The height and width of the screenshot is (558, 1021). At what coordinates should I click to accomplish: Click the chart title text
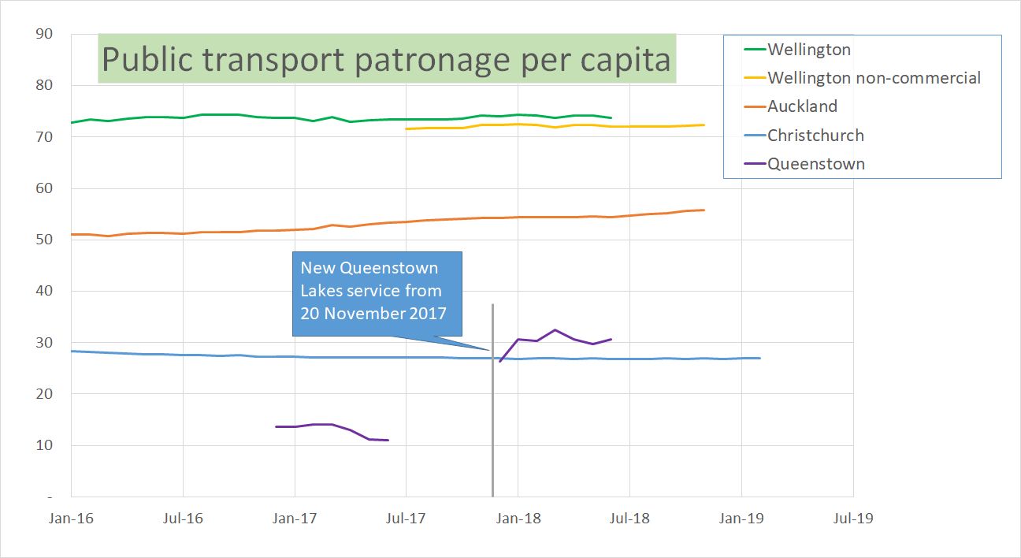click(386, 59)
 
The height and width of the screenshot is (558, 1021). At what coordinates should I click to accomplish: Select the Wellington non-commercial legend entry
click(874, 78)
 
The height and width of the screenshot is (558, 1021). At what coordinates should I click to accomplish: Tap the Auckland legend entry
click(802, 106)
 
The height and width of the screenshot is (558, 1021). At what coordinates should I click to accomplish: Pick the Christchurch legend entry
click(815, 136)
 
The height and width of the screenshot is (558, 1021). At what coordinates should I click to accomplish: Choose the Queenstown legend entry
click(816, 164)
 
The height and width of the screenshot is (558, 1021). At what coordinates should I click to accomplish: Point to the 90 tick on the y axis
click(44, 34)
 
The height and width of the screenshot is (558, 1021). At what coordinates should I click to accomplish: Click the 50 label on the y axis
click(44, 240)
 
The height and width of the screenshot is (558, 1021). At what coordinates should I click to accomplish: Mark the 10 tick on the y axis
click(44, 445)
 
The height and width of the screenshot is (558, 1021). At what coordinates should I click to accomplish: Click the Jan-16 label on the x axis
click(71, 519)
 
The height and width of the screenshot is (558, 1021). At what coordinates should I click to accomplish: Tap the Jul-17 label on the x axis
click(407, 519)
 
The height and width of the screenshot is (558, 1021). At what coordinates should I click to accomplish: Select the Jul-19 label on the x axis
click(853, 519)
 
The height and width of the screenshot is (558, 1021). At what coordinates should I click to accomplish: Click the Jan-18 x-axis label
click(518, 519)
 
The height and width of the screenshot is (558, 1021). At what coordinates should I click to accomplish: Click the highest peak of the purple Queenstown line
click(555, 330)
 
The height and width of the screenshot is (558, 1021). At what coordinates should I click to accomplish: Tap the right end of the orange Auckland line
click(704, 210)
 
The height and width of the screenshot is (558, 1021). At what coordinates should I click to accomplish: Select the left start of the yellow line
click(407, 128)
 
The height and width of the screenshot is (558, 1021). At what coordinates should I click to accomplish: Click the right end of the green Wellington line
click(611, 118)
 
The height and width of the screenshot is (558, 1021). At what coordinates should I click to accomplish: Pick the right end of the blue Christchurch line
click(760, 359)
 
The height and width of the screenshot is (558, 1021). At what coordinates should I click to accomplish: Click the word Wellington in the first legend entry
click(809, 50)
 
